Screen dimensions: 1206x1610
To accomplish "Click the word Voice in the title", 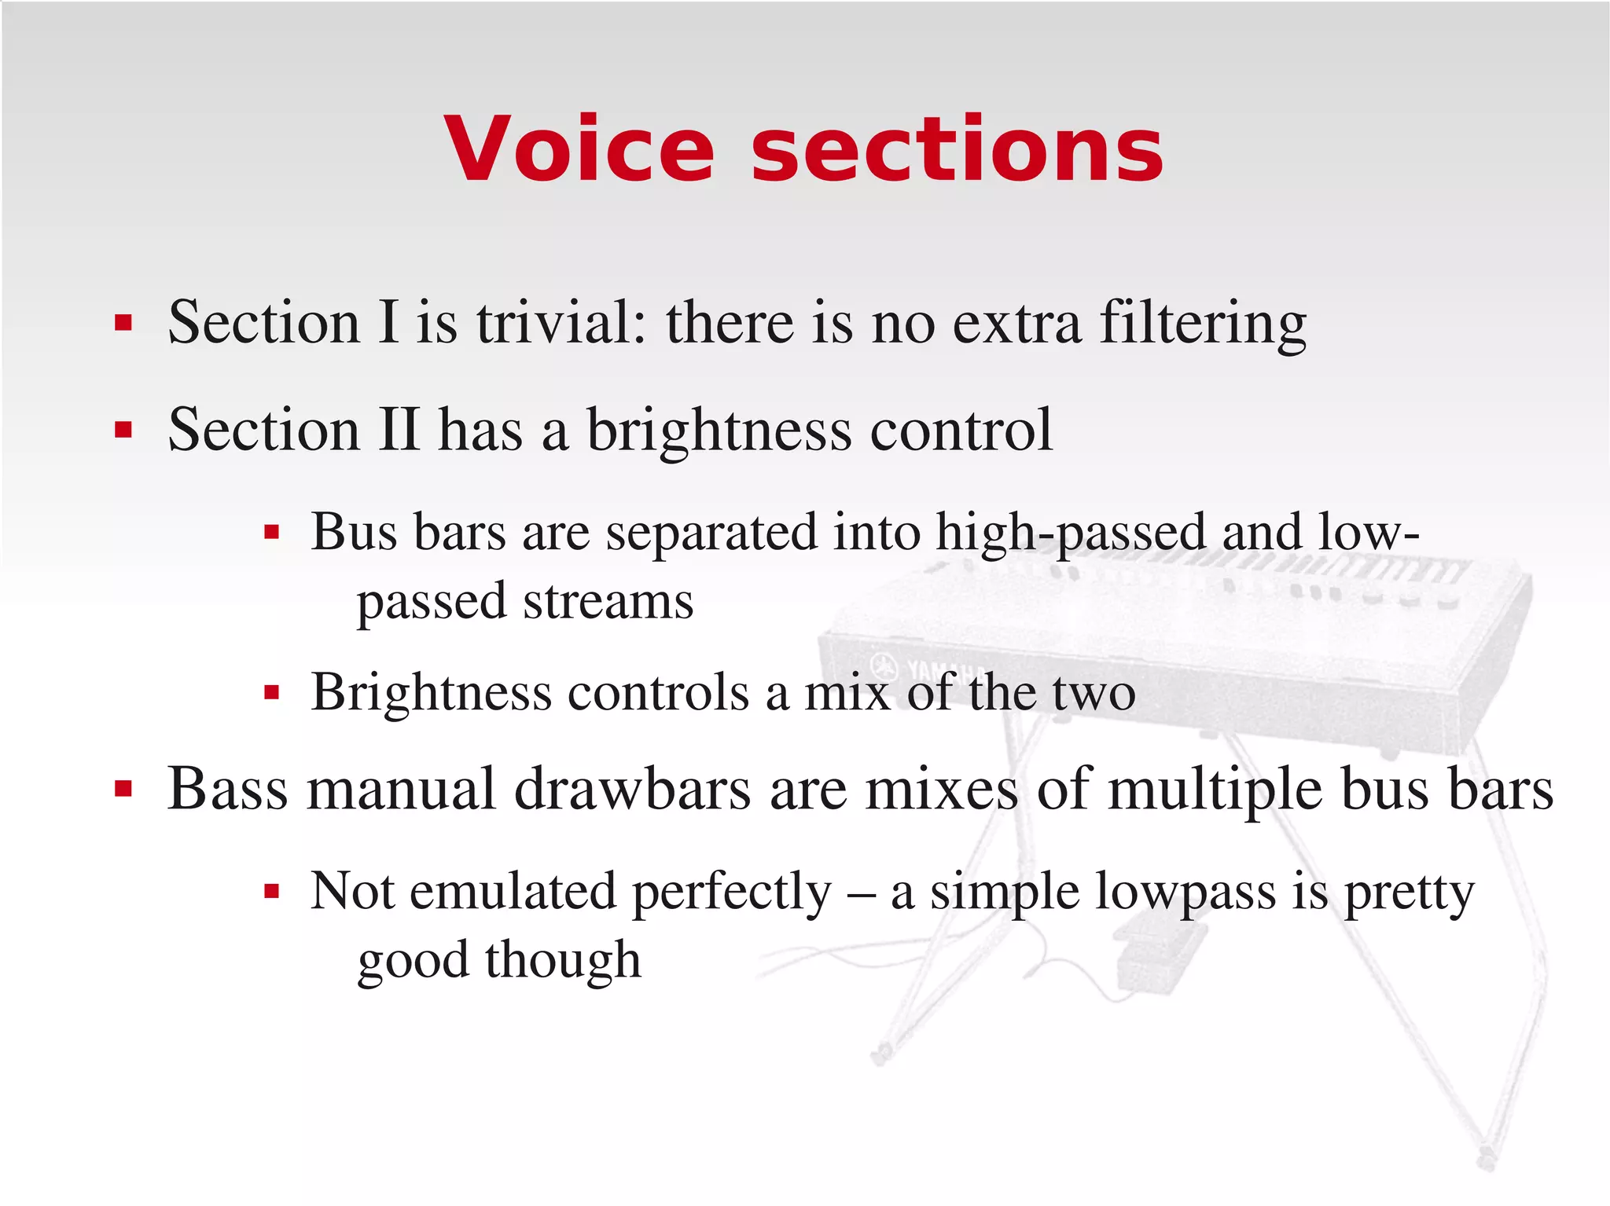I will (579, 149).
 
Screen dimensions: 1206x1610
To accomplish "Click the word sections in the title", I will (957, 149).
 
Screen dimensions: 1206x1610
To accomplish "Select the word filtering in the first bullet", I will (1203, 324).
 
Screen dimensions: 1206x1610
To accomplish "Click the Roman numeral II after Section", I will (399, 430).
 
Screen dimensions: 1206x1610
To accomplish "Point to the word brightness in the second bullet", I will (719, 431).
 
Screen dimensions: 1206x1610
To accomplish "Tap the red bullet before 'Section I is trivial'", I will (123, 323).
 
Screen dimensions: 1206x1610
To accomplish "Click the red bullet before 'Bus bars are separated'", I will (272, 533).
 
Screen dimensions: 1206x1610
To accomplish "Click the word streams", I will (608, 602).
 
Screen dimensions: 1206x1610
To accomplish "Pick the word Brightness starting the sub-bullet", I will (431, 692).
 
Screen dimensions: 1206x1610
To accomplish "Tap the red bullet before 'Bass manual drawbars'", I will (123, 789).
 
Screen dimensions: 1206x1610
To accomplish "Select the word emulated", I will (513, 892).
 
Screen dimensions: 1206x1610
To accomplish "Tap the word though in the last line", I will (562, 960).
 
